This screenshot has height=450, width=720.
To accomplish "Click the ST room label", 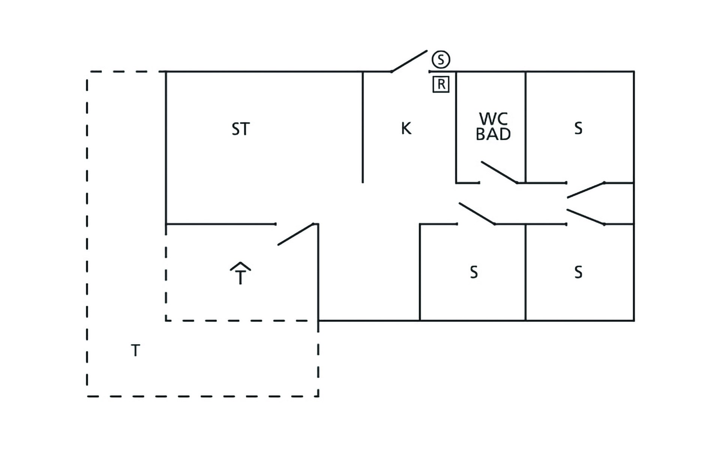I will coord(240,129).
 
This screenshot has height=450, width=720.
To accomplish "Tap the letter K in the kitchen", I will coord(406,128).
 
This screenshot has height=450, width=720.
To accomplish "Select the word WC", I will coord(493,119).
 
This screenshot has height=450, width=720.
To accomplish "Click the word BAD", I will coord(493,134).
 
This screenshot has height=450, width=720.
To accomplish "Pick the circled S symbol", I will coord(441,59).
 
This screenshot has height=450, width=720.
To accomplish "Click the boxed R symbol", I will coord(441,84).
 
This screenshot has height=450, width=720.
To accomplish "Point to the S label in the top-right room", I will coord(578,128).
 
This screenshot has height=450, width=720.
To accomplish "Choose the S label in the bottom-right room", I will coord(578,272).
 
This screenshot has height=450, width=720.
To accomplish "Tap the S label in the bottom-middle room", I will coord(474,272).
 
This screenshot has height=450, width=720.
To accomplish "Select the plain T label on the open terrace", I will coord(135,351).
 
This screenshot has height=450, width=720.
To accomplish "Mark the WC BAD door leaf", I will coord(499,172).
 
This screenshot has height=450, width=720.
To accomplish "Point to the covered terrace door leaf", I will coord(295,234).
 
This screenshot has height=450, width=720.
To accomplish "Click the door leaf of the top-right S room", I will coord(585,190).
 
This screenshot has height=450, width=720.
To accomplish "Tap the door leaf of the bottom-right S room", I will coord(585,217).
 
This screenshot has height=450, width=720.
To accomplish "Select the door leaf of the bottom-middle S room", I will coord(477,214).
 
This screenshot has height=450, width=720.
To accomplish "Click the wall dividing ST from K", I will coord(363,127).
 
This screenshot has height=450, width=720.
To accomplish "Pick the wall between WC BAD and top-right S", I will coord(525,127).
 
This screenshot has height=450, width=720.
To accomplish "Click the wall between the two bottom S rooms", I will coord(525,272).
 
